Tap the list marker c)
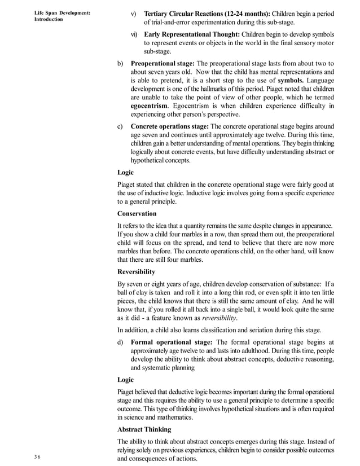[x=120, y=126]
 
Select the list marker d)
[x=120, y=341]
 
